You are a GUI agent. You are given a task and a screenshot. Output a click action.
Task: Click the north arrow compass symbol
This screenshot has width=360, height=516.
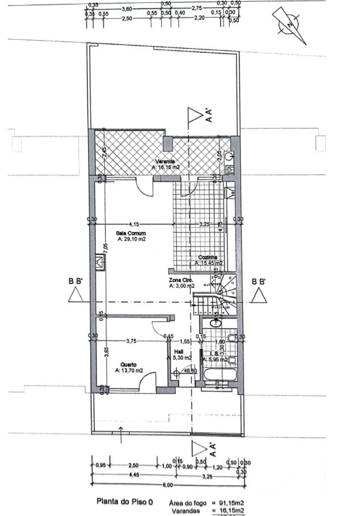pos(289,25)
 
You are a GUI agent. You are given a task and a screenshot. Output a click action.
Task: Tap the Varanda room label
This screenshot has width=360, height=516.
pos(166,161)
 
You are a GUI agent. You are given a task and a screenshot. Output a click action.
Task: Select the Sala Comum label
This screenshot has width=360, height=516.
pos(131,233)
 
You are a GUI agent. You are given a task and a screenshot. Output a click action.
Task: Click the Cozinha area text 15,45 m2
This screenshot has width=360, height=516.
pos(209,263)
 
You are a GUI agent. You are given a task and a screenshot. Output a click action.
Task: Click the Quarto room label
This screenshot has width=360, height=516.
pos(129,365)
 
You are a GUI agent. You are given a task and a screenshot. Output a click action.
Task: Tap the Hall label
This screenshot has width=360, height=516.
pos(179,352)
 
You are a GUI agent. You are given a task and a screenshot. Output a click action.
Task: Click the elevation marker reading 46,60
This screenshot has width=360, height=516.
pos(190,371)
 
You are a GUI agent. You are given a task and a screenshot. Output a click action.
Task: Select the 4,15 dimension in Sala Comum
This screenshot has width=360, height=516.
pos(134,224)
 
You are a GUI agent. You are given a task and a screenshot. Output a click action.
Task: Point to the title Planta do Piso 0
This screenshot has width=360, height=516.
pos(125,501)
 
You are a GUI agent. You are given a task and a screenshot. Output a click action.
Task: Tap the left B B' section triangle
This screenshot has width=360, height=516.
pos(75,295)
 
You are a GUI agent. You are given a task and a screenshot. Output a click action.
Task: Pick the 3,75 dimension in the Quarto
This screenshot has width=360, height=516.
pos(131,341)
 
